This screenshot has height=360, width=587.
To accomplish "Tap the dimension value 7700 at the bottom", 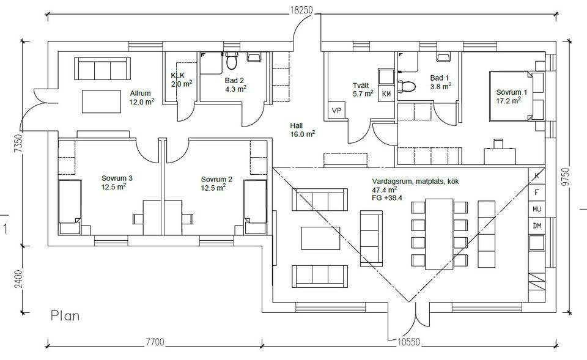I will pyautogui.click(x=154, y=342).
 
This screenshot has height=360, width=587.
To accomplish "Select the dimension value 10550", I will pyautogui.click(x=406, y=342).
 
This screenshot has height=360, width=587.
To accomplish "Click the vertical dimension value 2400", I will pyautogui.click(x=18, y=280).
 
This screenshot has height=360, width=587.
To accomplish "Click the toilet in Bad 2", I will pyautogui.click(x=231, y=61).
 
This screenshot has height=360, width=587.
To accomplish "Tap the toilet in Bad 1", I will pyautogui.click(x=405, y=86).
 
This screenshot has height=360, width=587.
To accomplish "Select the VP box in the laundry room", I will pyautogui.click(x=336, y=110).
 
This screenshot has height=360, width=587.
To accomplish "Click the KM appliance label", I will pyautogui.click(x=386, y=94).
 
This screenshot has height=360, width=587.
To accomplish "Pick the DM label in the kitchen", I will pyautogui.click(x=537, y=226).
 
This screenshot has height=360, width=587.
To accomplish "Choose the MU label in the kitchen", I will pyautogui.click(x=537, y=208).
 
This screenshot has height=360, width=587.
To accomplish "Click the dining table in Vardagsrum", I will pyautogui.click(x=438, y=235).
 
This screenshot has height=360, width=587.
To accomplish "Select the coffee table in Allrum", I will pyautogui.click(x=102, y=101).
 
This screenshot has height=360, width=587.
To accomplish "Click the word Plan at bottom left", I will pyautogui.click(x=66, y=316).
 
